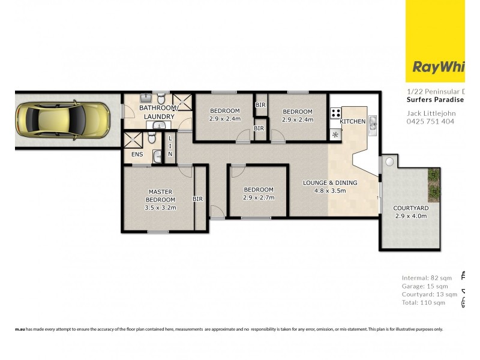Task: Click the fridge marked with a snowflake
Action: (335, 133)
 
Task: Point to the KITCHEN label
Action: (352, 122)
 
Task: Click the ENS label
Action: (137, 154)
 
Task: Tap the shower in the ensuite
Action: (133, 141)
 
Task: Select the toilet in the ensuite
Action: (152, 139)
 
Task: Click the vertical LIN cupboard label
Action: (170, 146)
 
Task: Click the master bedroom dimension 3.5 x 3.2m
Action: (160, 208)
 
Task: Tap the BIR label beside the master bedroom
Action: (197, 199)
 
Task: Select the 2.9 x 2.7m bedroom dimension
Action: (258, 197)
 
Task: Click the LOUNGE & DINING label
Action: (331, 183)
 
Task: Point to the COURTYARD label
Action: (410, 208)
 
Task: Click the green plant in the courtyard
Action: (433, 175)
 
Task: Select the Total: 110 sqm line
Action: (424, 303)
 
